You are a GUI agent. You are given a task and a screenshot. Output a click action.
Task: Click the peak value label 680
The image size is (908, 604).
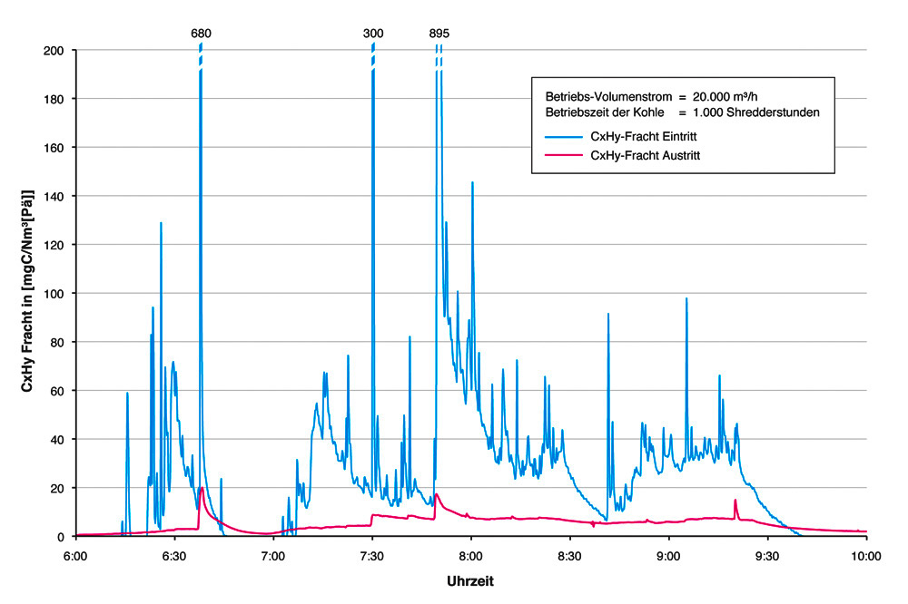201,34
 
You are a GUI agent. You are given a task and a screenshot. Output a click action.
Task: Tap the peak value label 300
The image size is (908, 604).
373,34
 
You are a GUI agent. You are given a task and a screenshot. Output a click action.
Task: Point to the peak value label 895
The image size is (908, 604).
439,34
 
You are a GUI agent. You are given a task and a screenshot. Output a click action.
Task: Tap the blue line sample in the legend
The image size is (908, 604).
562,136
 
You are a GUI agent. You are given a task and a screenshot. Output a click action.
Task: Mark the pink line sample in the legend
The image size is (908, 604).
562,155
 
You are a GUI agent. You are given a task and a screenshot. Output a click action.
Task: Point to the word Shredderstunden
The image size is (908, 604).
777,112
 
